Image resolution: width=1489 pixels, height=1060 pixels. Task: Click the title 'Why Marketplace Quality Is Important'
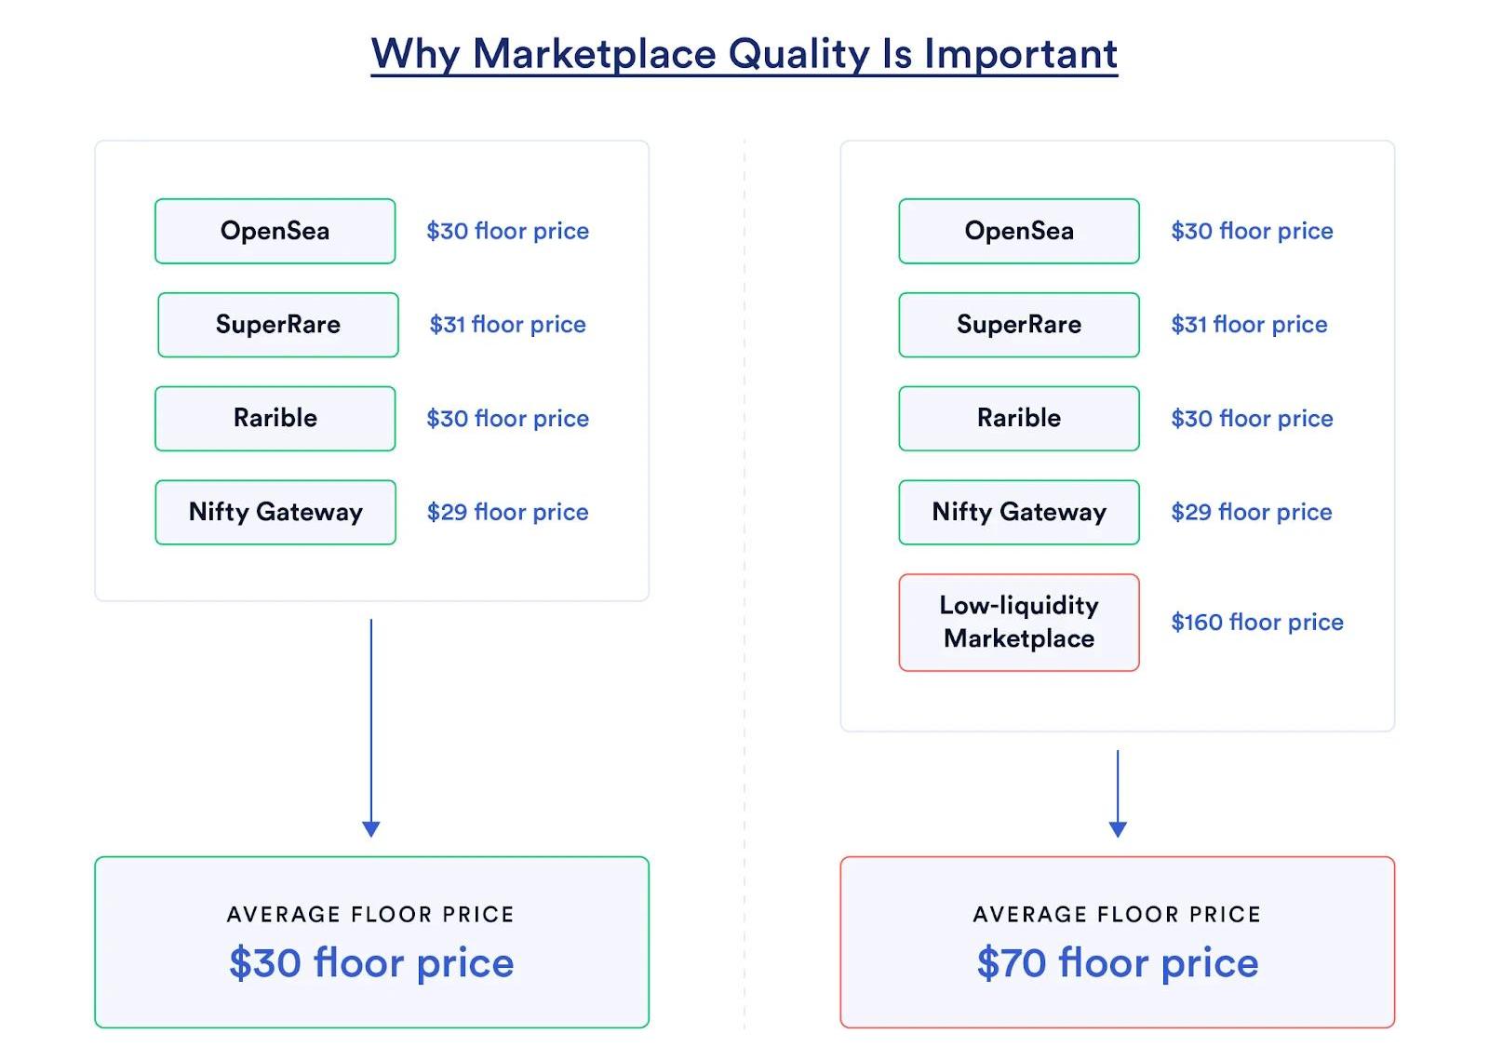coord(744,54)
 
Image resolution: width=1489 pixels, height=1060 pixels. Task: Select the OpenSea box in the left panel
coord(275,232)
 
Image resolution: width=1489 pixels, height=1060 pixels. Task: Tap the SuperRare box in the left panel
coord(278,325)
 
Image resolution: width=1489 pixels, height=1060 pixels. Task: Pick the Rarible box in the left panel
coord(275,419)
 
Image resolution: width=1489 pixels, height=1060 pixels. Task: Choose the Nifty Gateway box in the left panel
coord(275,513)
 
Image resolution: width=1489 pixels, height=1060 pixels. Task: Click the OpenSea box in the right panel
coord(1019,232)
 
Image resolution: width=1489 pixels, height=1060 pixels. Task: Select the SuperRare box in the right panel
coord(1019,325)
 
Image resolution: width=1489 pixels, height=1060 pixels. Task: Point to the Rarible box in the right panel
coord(1019,419)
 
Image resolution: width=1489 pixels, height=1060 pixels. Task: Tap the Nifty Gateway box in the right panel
coord(1019,513)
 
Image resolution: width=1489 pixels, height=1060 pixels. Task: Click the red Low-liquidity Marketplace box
coord(1019,623)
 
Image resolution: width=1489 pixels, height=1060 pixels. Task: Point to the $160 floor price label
coord(1257,622)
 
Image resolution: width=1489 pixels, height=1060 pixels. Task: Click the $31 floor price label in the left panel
coord(507,324)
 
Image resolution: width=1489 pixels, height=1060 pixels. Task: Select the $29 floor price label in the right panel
coord(1252,512)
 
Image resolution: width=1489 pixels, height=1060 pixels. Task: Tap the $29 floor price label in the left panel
coord(507,512)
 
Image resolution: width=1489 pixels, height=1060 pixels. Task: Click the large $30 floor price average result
coord(371,963)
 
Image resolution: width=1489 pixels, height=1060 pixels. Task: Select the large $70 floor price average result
coord(1118,963)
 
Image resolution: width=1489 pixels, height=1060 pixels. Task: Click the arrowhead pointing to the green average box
coord(371,828)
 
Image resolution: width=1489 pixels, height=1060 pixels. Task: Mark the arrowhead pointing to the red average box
coord(1118,828)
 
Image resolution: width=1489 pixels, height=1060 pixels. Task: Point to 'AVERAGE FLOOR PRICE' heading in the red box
coord(1118,915)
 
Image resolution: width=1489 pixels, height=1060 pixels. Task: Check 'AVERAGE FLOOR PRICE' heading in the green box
coord(371,915)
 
